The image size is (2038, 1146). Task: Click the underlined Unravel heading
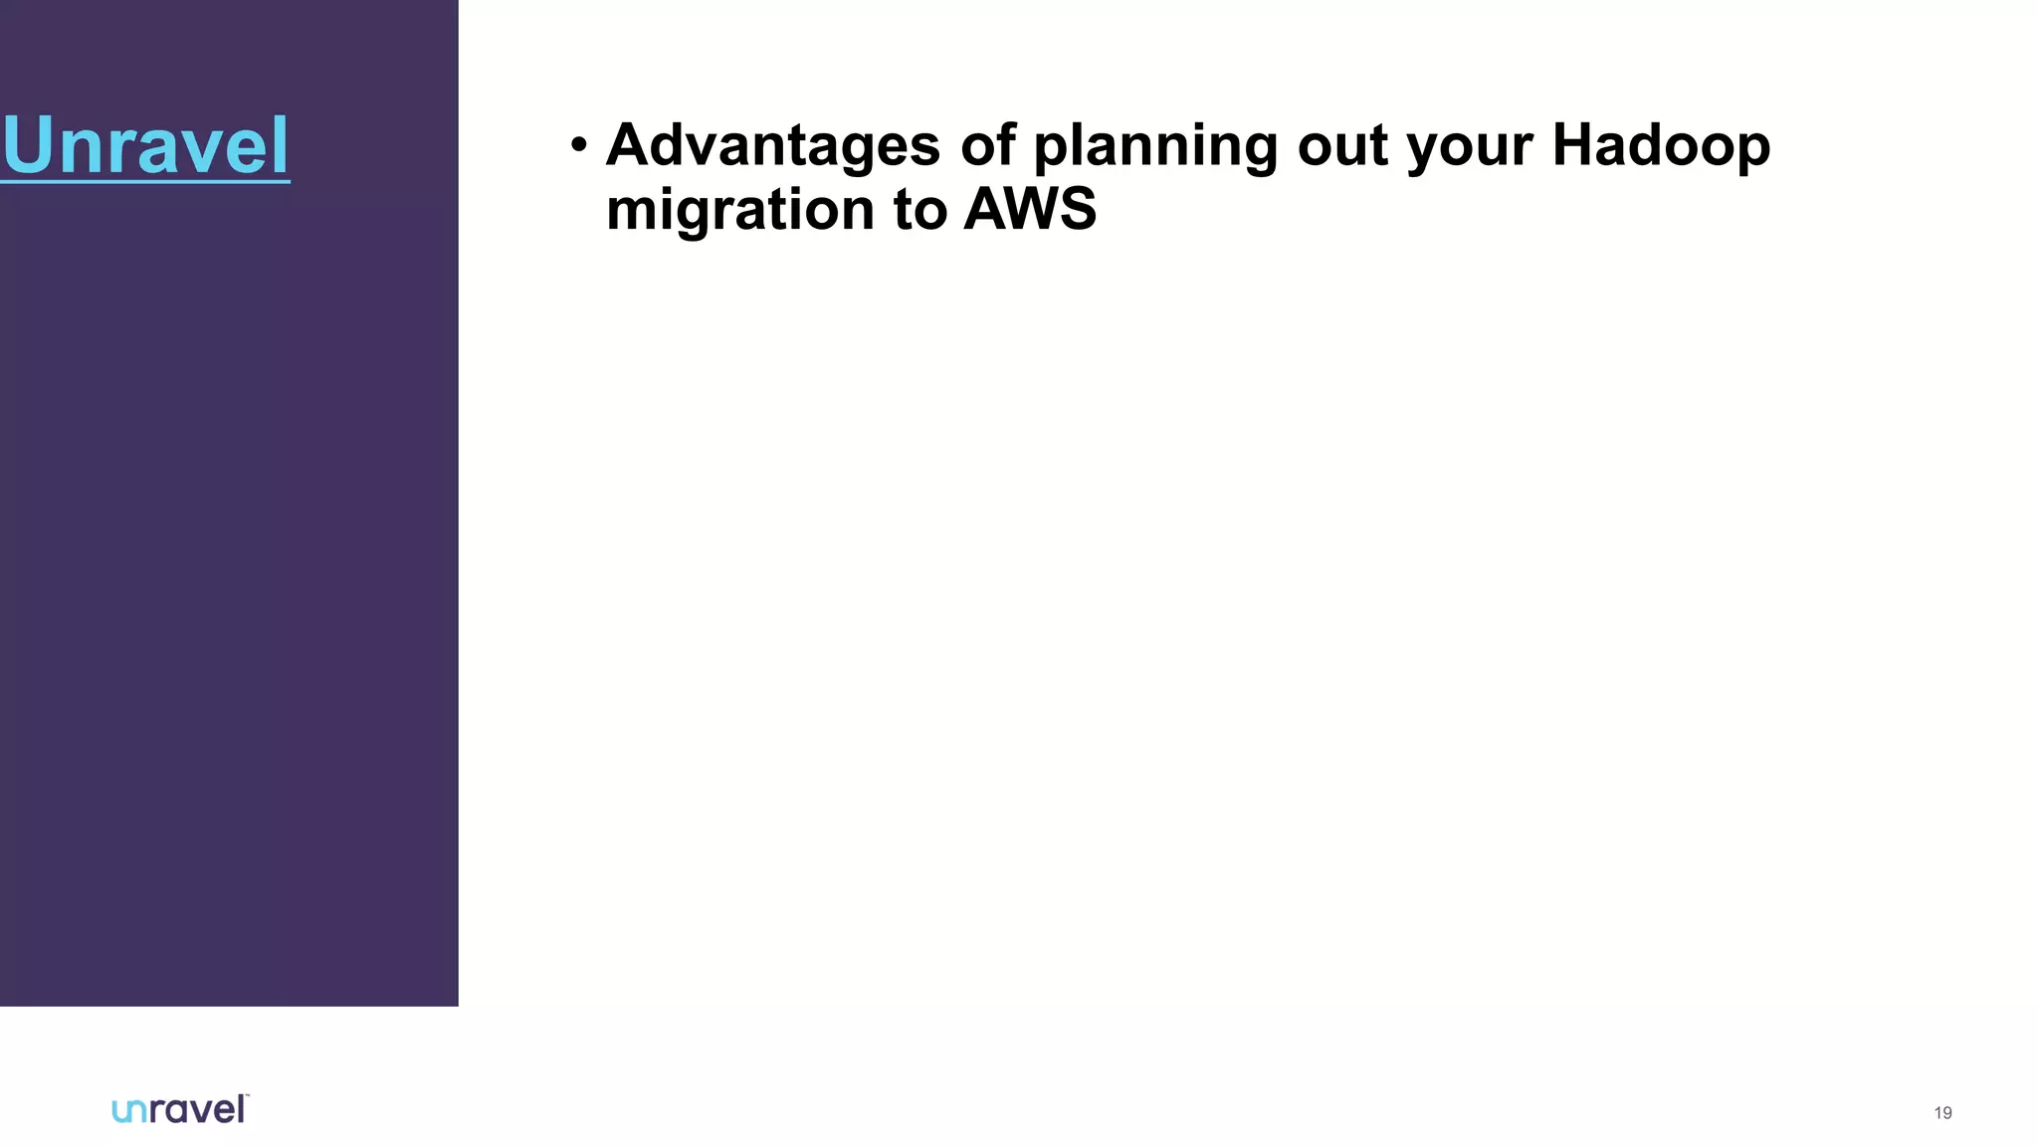coord(145,146)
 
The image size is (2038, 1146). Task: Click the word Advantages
coord(772,145)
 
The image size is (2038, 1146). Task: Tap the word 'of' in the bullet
coord(988,145)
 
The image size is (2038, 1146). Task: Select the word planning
coord(1155,147)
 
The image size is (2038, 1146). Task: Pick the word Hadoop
coord(1661,146)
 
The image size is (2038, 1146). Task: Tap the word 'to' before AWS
coord(919,210)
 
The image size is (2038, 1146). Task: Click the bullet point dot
coord(579,146)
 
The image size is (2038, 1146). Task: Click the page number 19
coord(1942,1113)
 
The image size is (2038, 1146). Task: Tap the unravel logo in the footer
coord(179,1109)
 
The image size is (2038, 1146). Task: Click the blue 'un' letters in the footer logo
coord(129,1111)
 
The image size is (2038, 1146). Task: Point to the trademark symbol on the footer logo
coord(247,1096)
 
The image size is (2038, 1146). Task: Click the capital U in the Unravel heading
coord(27,146)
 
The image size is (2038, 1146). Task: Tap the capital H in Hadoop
coord(1575,145)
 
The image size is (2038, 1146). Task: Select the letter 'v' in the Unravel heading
coord(207,149)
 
